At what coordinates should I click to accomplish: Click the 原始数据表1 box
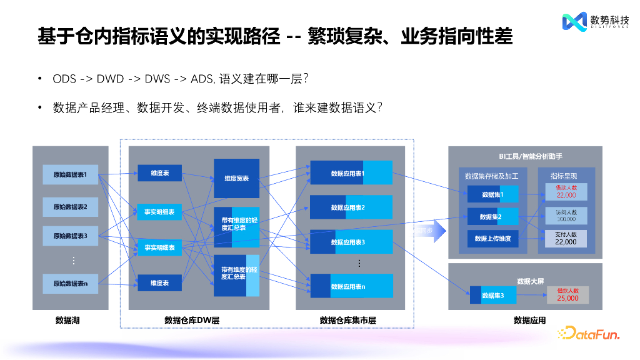[70, 174]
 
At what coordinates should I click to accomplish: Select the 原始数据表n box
[70, 283]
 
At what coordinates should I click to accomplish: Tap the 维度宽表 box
[236, 178]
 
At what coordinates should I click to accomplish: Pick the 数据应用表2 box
[351, 207]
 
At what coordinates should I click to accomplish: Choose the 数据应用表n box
[351, 286]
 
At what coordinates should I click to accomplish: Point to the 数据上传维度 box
[492, 238]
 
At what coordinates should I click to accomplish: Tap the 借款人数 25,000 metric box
[567, 294]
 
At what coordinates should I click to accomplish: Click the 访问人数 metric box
[566, 216]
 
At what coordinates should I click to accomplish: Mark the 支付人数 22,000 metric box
[566, 238]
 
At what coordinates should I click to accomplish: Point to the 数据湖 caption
[68, 320]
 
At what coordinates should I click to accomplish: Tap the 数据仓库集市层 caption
[347, 320]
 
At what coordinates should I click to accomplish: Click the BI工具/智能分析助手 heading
[524, 155]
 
